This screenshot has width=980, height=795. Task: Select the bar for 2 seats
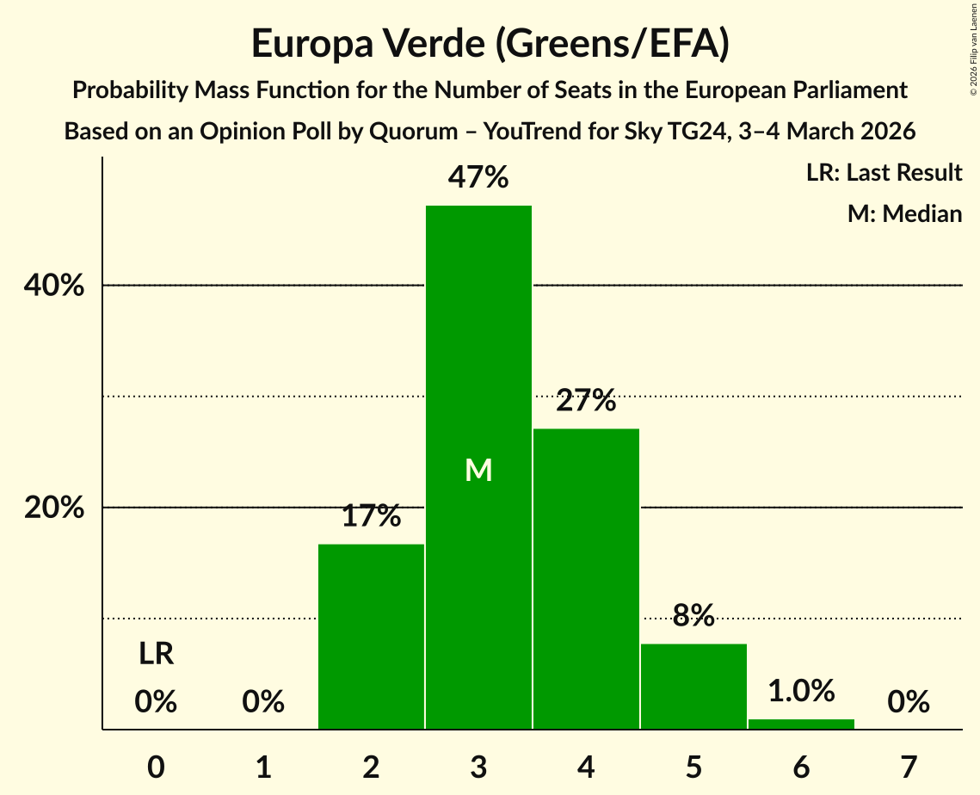pyautogui.click(x=371, y=637)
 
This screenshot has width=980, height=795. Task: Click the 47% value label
pyautogui.click(x=478, y=178)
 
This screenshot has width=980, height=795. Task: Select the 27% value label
pyautogui.click(x=586, y=401)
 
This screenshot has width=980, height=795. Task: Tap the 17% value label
pyautogui.click(x=371, y=516)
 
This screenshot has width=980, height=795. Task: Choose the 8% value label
pyautogui.click(x=693, y=615)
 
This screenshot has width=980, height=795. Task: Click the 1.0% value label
pyautogui.click(x=801, y=690)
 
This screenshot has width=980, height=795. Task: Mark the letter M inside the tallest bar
pyautogui.click(x=478, y=470)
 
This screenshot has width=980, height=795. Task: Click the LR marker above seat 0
pyautogui.click(x=157, y=654)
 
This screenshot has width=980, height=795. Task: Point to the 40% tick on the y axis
pyautogui.click(x=54, y=286)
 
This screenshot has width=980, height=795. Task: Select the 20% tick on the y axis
pyautogui.click(x=54, y=508)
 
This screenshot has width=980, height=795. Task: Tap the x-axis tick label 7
pyautogui.click(x=909, y=766)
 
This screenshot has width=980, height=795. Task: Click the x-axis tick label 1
pyautogui.click(x=263, y=766)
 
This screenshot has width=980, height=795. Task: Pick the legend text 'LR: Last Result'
pyautogui.click(x=884, y=173)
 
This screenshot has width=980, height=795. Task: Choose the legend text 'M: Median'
pyautogui.click(x=904, y=213)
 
